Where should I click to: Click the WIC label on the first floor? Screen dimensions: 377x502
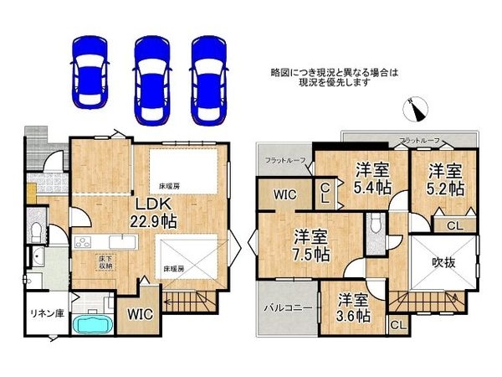click(x=140, y=315)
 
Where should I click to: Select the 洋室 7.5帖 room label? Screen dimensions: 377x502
click(x=310, y=243)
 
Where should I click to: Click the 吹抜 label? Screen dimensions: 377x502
click(x=443, y=264)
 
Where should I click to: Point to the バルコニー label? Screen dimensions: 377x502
click(x=289, y=307)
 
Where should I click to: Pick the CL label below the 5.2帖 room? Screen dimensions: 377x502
click(x=453, y=225)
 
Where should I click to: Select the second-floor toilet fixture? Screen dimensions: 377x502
click(x=375, y=225)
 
